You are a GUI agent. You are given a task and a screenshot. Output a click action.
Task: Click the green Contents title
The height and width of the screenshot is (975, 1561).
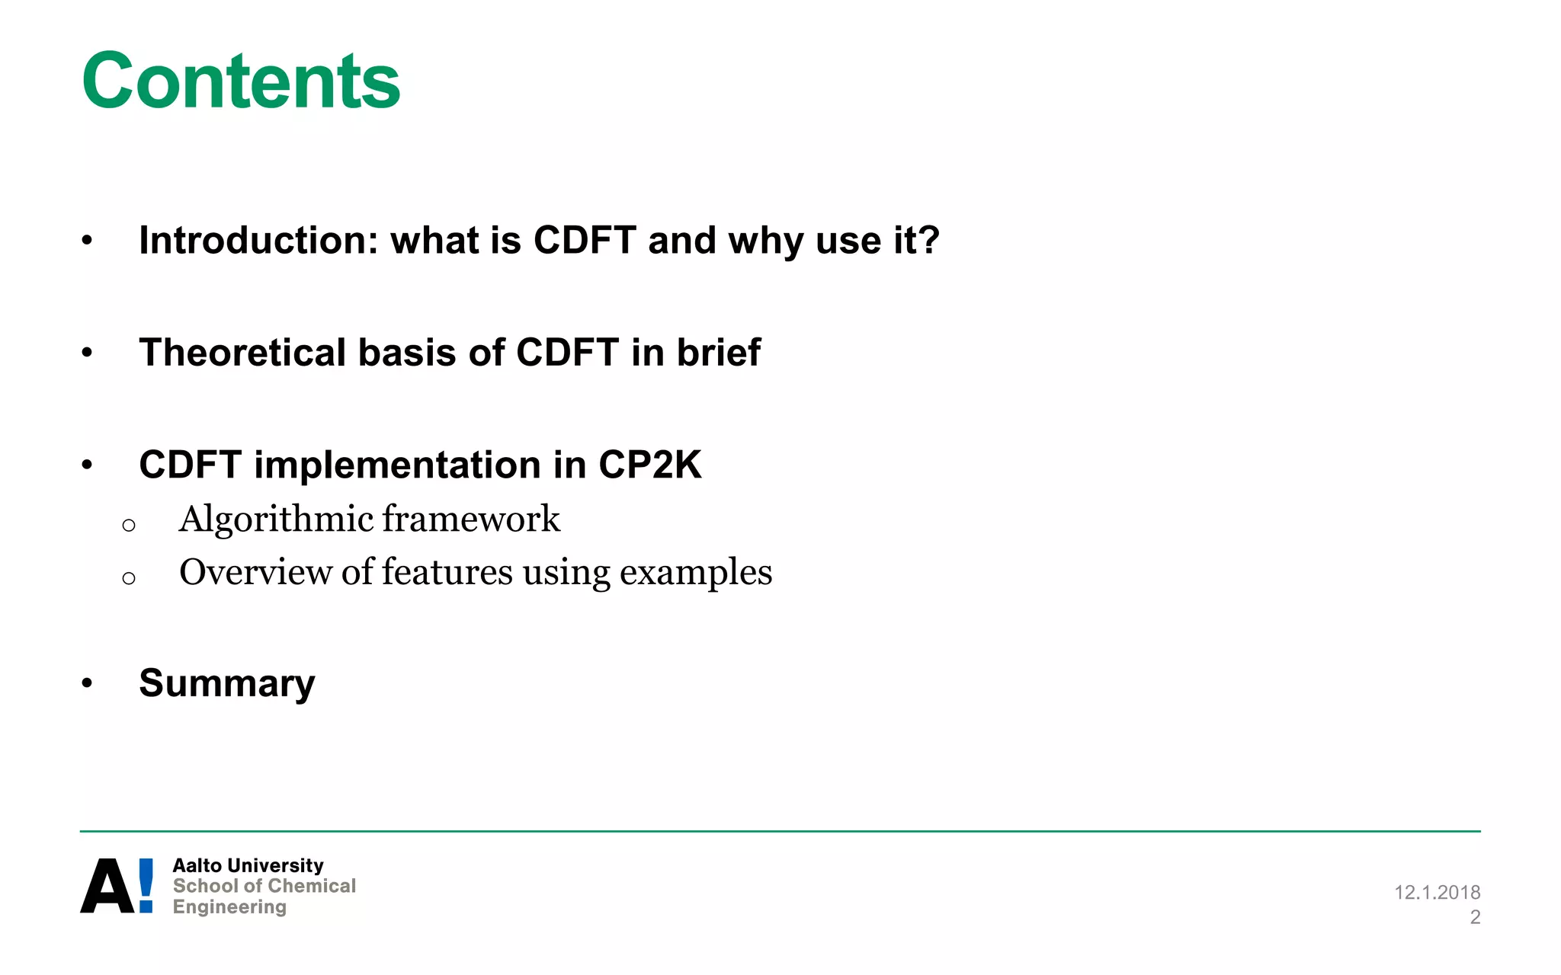click(241, 81)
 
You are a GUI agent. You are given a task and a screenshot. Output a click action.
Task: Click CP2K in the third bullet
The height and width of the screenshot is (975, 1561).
click(649, 465)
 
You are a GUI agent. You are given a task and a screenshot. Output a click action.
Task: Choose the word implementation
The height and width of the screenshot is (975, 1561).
click(396, 465)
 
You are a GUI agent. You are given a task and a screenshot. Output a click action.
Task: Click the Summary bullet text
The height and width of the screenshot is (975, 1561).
click(226, 683)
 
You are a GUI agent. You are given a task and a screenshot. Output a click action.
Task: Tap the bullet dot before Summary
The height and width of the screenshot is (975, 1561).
click(87, 683)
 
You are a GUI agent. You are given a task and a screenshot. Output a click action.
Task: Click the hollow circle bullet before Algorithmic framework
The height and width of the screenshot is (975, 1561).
click(129, 525)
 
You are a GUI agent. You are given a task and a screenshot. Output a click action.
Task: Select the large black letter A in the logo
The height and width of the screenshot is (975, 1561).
click(107, 886)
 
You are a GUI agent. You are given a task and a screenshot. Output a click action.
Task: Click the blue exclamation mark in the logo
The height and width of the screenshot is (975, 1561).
click(146, 886)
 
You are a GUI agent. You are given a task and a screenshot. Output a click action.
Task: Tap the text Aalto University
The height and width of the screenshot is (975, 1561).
click(248, 865)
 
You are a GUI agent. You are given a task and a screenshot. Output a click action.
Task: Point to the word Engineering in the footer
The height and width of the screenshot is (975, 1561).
click(229, 906)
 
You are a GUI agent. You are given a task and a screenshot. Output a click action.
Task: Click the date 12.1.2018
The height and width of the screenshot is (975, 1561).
click(1437, 892)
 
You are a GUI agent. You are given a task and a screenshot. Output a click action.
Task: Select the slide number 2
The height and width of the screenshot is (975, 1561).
click(1475, 917)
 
